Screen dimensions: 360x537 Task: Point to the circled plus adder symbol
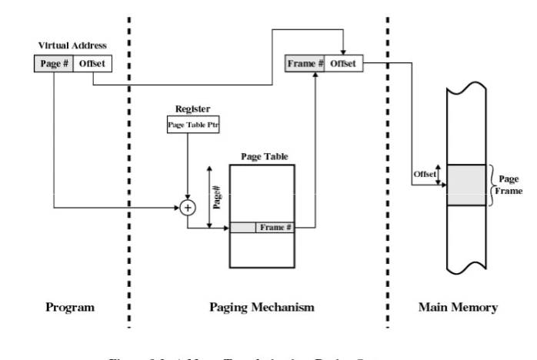(187, 207)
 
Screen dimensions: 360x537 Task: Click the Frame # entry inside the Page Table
(275, 228)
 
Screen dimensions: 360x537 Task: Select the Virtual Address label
(72, 46)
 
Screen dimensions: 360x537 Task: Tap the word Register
(192, 109)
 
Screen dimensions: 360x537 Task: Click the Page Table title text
(263, 156)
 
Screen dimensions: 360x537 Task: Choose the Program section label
(70, 308)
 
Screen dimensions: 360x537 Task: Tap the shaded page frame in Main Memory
(466, 185)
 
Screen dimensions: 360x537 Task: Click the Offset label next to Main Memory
(424, 174)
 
